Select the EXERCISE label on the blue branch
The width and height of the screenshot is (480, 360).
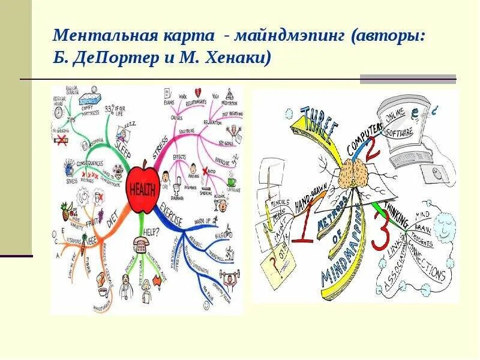coord(172,215)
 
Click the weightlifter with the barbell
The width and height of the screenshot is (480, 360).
coord(230,280)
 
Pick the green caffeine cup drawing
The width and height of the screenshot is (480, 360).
coord(232,182)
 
